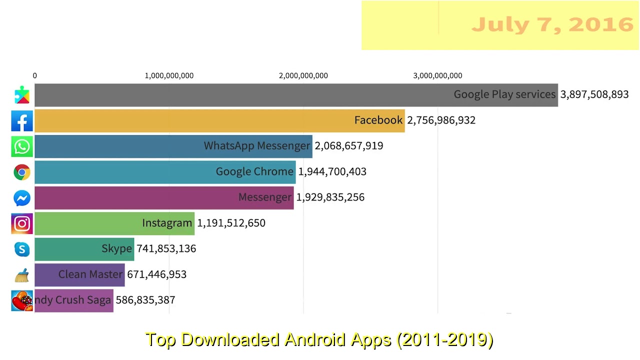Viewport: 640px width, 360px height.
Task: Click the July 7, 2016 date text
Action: pyautogui.click(x=552, y=24)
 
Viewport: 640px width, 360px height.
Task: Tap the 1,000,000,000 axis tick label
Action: pyautogui.click(x=169, y=75)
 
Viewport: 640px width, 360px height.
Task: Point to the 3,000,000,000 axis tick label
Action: pyautogui.click(x=437, y=75)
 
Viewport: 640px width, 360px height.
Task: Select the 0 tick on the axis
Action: pyautogui.click(x=34, y=75)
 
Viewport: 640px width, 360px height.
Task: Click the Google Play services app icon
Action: pyautogui.click(x=22, y=95)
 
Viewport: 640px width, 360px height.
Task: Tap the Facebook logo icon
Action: pyautogui.click(x=22, y=121)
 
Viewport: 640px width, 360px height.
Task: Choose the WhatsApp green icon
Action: pyautogui.click(x=22, y=146)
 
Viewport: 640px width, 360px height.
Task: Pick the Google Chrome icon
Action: pyautogui.click(x=22, y=172)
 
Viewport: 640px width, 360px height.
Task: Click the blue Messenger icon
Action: pyautogui.click(x=22, y=198)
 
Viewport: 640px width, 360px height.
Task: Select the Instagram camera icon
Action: pyautogui.click(x=22, y=223)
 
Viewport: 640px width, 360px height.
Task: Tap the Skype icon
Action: pyautogui.click(x=22, y=249)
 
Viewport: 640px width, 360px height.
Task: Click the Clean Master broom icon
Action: pyautogui.click(x=22, y=275)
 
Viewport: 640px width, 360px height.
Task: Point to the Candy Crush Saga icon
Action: pyautogui.click(x=22, y=300)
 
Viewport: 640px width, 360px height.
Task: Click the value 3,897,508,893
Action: pyautogui.click(x=594, y=94)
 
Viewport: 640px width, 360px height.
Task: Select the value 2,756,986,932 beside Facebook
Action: pyautogui.click(x=441, y=120)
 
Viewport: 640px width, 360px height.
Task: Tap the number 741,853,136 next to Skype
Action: pyautogui.click(x=166, y=248)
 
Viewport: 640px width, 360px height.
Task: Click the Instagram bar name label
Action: pyautogui.click(x=166, y=223)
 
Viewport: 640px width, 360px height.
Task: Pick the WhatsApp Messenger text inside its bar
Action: pyautogui.click(x=256, y=146)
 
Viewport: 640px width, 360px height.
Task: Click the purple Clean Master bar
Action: pyautogui.click(x=79, y=274)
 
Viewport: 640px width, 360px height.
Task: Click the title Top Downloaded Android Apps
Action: pyautogui.click(x=319, y=339)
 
